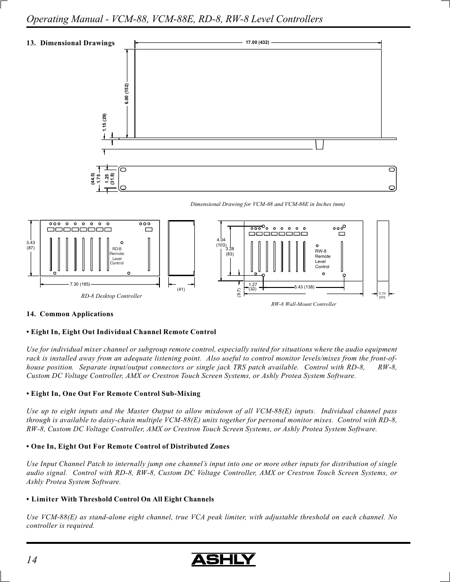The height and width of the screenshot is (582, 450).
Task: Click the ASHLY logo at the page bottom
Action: pos(223,559)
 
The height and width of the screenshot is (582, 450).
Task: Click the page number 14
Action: pos(32,559)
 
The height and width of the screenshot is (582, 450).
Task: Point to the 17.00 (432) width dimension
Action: pos(257,43)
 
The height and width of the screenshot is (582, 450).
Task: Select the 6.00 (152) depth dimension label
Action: pos(127,94)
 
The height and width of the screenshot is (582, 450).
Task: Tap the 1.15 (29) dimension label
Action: pos(105,123)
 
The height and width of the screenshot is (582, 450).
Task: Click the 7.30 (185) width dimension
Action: pos(80,284)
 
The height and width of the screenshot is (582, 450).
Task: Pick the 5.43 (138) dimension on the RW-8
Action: pos(304,287)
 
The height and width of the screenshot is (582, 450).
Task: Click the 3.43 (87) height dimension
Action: pos(31,245)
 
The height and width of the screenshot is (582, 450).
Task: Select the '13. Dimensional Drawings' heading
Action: pos(71,43)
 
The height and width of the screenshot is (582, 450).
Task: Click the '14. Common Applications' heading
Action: pos(70,314)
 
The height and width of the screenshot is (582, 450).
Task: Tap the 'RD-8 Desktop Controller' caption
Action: pos(111,296)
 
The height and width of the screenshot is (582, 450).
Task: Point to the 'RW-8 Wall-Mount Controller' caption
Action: pos(303,304)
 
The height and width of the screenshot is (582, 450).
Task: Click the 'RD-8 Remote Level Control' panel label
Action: pos(117,256)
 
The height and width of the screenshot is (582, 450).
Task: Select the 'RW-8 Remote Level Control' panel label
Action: pos(323,259)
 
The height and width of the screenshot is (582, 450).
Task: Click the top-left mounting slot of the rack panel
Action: pos(123,170)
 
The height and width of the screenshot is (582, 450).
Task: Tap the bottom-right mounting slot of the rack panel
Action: pos(392,187)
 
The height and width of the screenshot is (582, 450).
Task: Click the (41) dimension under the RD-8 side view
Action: pos(181,289)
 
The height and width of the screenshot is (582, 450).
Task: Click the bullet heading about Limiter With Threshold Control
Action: pos(120,499)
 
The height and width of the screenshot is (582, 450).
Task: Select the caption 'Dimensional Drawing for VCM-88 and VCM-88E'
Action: pos(267,204)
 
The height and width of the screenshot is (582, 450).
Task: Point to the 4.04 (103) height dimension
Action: pos(221,242)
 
